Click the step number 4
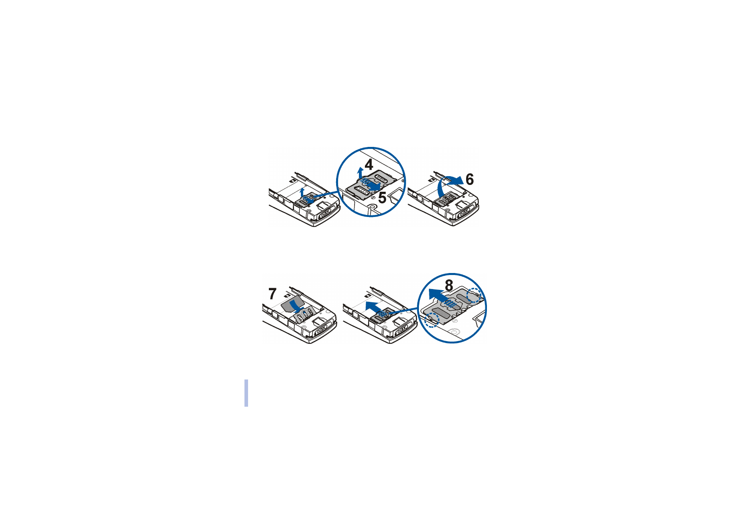tap(369, 165)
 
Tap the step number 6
tap(470, 179)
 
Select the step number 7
tap(272, 294)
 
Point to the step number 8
tap(449, 285)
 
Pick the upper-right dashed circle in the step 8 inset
tap(475, 295)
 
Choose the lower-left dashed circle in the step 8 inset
tap(431, 320)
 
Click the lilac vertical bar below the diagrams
tap(246, 393)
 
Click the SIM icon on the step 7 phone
tap(287, 296)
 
